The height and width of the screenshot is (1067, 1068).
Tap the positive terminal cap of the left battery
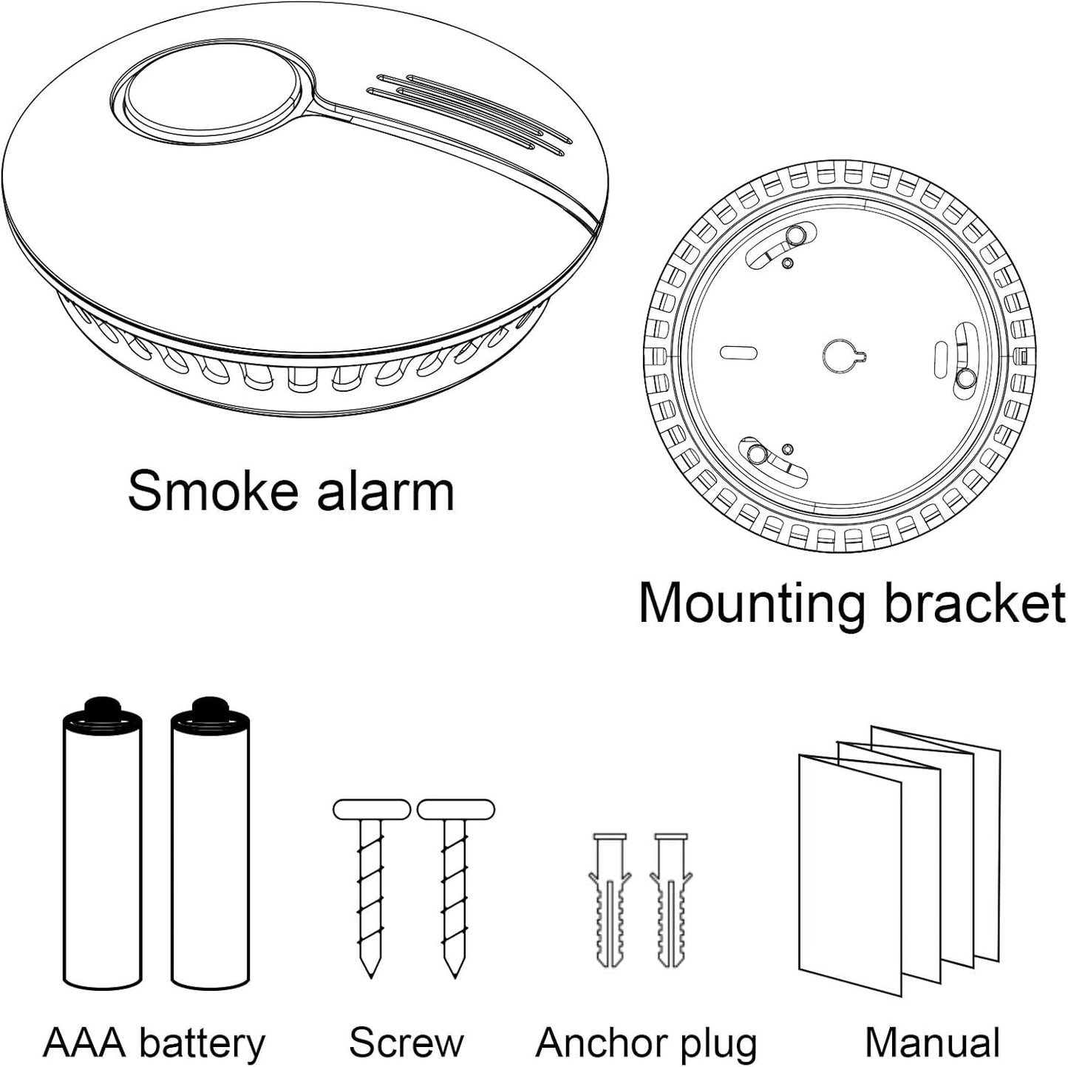click(102, 706)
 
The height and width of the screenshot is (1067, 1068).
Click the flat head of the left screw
click(371, 809)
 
